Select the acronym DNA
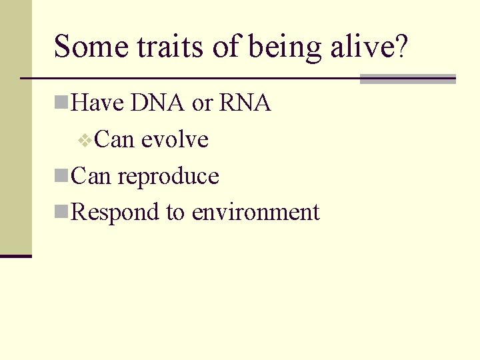click(158, 103)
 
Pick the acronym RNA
click(245, 103)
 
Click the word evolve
click(175, 140)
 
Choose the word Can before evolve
click(115, 140)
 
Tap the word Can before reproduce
click(91, 176)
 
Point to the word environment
click(255, 213)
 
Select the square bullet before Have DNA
click(61, 103)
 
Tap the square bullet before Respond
click(61, 212)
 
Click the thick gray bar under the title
click(407, 79)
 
